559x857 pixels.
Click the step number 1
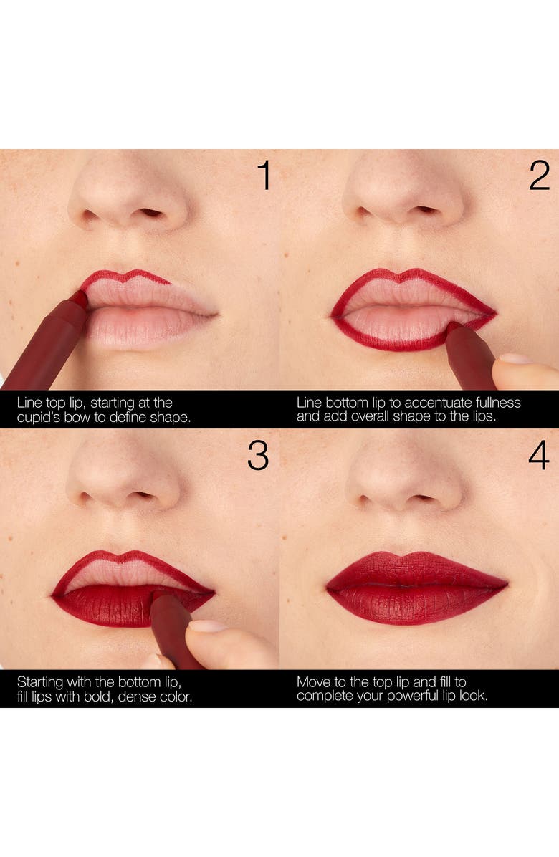click(264, 176)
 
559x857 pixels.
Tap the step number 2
click(539, 176)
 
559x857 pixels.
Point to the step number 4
click(539, 455)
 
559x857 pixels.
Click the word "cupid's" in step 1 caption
click(40, 416)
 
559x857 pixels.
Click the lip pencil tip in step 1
click(80, 300)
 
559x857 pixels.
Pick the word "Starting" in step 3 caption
click(39, 681)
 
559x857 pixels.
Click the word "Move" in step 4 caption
click(313, 681)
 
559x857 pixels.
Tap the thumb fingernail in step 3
click(207, 626)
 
